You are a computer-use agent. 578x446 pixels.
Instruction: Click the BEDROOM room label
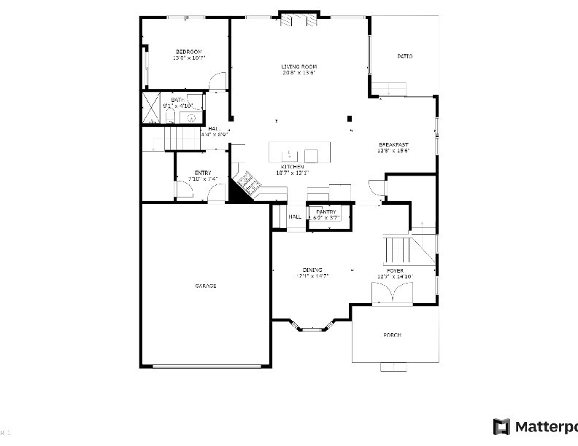(188, 51)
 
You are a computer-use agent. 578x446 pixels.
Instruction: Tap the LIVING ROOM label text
(299, 66)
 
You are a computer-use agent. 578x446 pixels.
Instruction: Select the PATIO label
(404, 56)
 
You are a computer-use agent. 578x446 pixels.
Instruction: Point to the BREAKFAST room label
(393, 144)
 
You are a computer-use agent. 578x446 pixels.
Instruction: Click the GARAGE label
(205, 286)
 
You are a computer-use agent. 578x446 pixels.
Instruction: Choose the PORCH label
(393, 335)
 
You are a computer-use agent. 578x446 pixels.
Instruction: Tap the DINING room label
(313, 270)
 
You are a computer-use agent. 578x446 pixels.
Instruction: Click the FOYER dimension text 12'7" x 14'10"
(395, 277)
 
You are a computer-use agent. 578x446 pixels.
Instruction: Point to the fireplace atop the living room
(300, 20)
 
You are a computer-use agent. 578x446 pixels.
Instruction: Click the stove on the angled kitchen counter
(247, 181)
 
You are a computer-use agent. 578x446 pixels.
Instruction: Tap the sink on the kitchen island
(289, 154)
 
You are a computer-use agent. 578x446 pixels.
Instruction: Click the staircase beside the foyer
(409, 249)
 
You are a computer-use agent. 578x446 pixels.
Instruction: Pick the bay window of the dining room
(312, 326)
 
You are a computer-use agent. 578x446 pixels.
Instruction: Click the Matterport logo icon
(501, 426)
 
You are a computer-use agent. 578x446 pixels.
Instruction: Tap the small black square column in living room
(350, 118)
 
